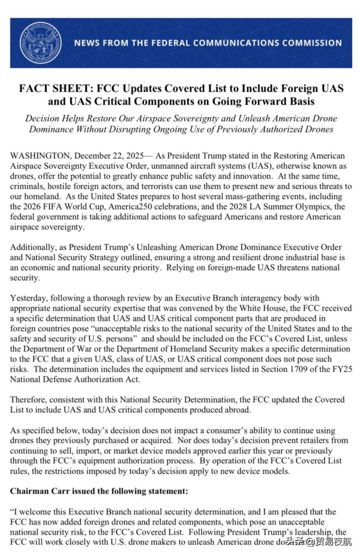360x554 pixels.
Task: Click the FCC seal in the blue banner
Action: coord(40,42)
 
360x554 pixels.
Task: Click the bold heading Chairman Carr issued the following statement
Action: coord(99,491)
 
